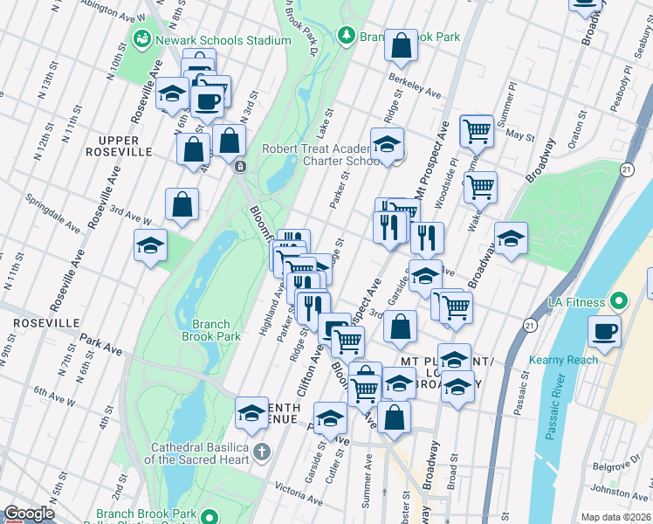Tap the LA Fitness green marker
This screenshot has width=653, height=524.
click(619, 302)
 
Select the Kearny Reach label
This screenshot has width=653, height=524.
click(564, 359)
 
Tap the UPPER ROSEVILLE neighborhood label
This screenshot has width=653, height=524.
click(125, 146)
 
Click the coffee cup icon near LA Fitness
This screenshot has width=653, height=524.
click(605, 330)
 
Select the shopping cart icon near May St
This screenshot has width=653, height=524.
click(477, 130)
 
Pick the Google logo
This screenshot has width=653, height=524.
click(29, 514)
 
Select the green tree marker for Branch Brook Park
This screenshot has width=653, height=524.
click(347, 35)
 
